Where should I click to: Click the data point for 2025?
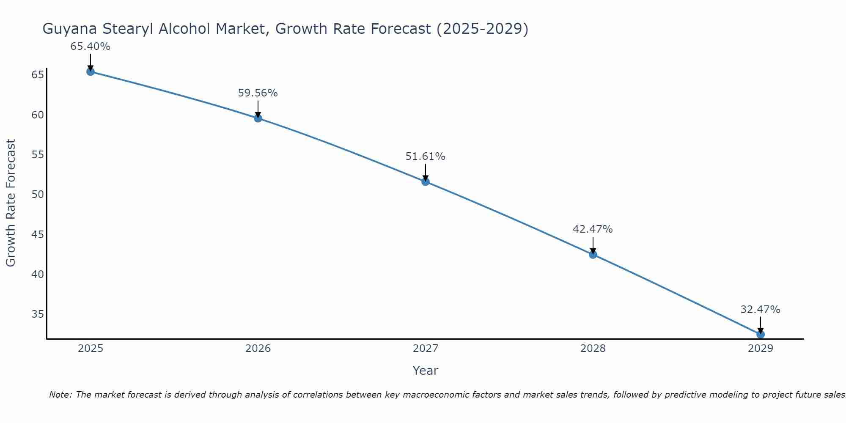point(90,71)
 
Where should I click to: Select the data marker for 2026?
point(258,118)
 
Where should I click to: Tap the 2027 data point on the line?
point(426,182)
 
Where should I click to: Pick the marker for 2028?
point(593,255)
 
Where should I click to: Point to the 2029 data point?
point(761,334)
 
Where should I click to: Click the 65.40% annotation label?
point(90,47)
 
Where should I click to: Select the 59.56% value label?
point(258,93)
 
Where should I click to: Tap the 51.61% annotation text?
point(425,157)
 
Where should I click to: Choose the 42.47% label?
point(593,229)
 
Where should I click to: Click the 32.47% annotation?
point(760,310)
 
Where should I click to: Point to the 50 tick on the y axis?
point(38,195)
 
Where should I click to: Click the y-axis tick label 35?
point(38,314)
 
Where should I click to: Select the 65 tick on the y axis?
point(38,75)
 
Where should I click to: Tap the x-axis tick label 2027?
point(426,349)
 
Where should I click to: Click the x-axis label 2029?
point(761,349)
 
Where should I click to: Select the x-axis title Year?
point(425,371)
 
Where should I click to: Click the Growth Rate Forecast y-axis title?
point(11,203)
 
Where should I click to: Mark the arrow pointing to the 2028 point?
point(593,245)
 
